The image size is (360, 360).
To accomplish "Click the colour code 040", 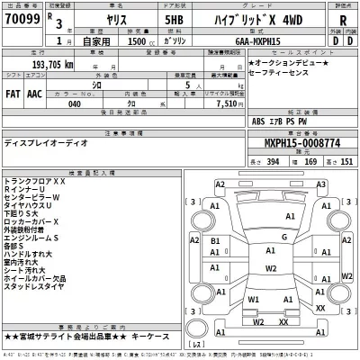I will tap(75, 103).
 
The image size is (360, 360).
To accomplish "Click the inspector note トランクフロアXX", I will tap(36, 181).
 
